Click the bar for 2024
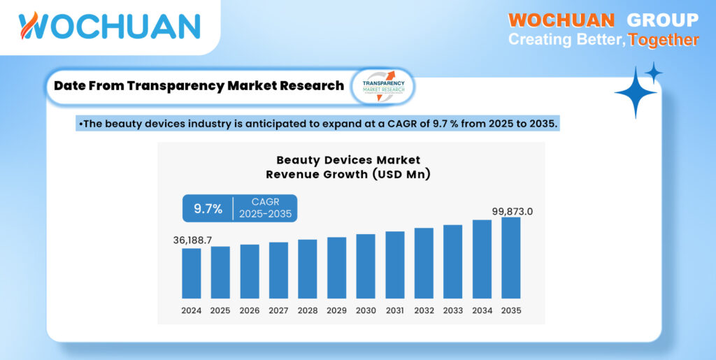pos(191,273)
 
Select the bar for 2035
pos(510,258)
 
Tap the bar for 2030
pos(365,266)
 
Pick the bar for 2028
pos(307,269)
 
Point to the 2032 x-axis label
pos(424,310)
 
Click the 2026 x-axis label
pos(249,310)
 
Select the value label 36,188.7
pos(192,240)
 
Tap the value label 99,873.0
pos(510,210)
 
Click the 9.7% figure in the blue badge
pos(208,208)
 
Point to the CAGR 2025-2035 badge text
pos(265,208)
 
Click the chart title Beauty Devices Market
pos(348,161)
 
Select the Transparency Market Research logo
pos(382,86)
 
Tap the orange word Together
pos(663,40)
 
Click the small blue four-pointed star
pos(654,72)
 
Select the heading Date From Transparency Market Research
pos(199,86)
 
